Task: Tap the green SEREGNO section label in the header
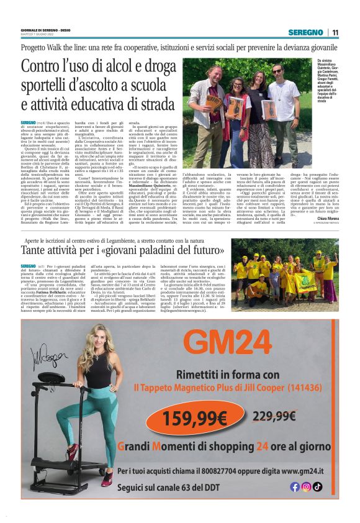(308, 32)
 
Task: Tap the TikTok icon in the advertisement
(317, 487)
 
